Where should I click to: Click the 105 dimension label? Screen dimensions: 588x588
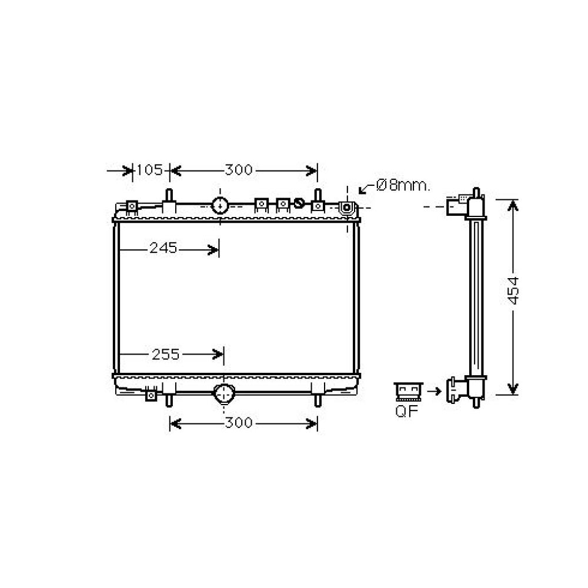pos(149,171)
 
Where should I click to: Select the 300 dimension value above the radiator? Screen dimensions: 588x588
pos(238,171)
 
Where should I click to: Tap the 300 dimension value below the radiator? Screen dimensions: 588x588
pos(238,423)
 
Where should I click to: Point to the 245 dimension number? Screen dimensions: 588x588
pos(163,248)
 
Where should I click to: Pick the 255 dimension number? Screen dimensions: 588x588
pos(165,354)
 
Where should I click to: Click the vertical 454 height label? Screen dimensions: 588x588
pos(513,290)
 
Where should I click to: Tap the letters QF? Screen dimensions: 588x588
pos(406,411)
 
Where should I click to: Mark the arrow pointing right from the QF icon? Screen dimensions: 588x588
pos(435,390)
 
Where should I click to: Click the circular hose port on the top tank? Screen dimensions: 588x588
pos(220,205)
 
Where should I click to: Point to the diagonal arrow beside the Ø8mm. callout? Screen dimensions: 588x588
pos(366,188)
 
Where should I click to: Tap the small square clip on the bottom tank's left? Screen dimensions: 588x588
pos(151,396)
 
